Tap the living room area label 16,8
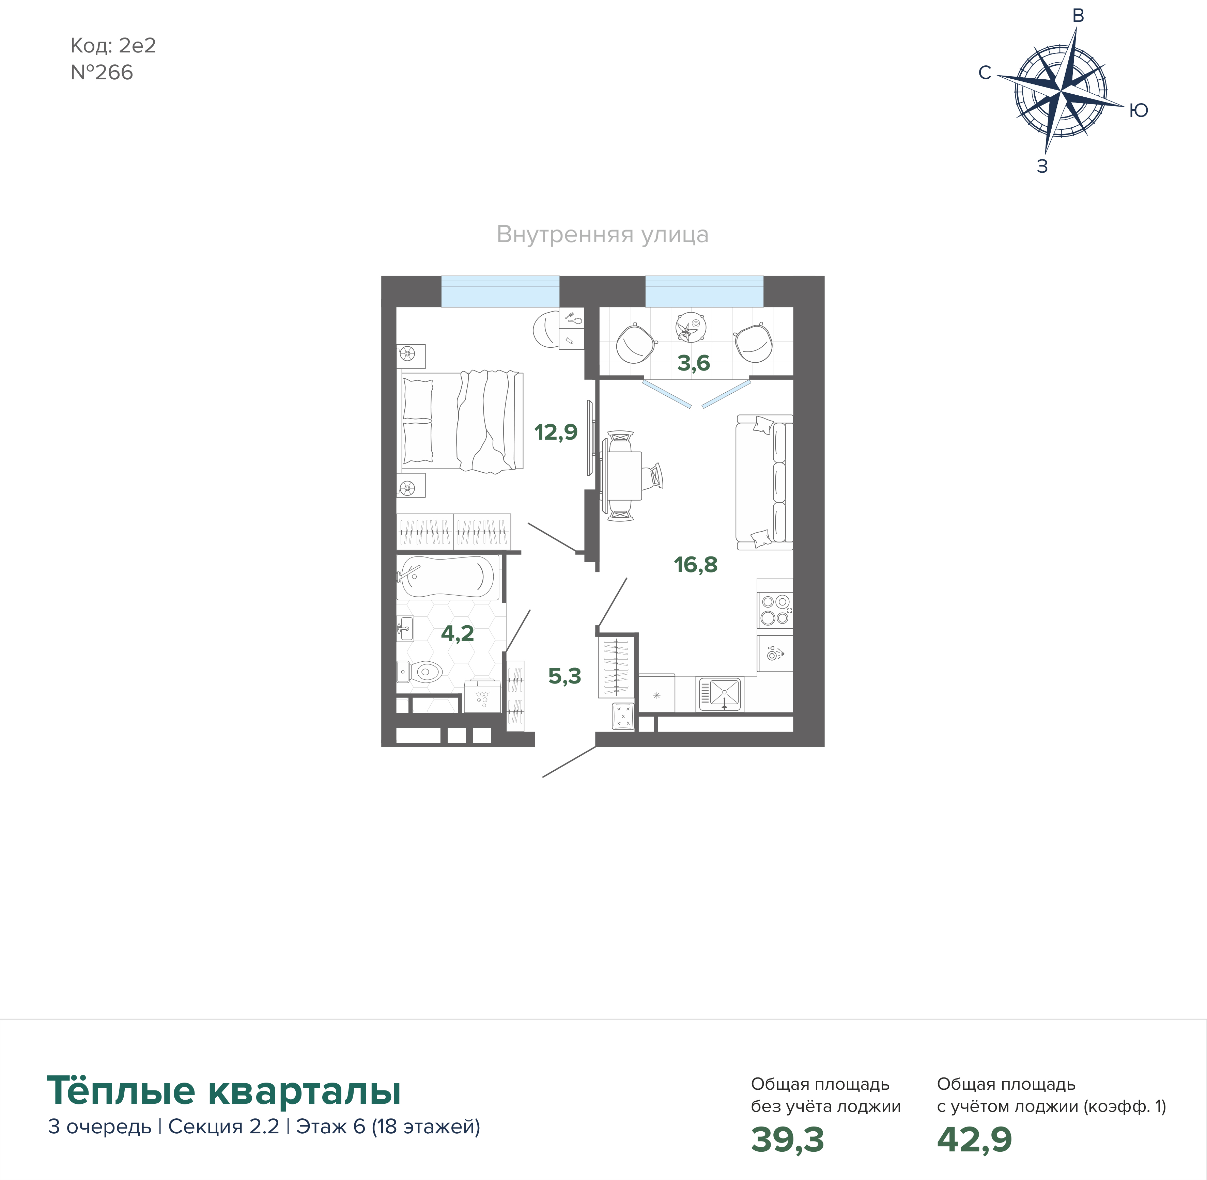point(696,565)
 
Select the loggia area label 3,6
point(693,363)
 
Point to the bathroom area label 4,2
point(458,633)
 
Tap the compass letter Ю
point(1138,110)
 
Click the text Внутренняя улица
point(603,235)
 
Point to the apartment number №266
point(102,73)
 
